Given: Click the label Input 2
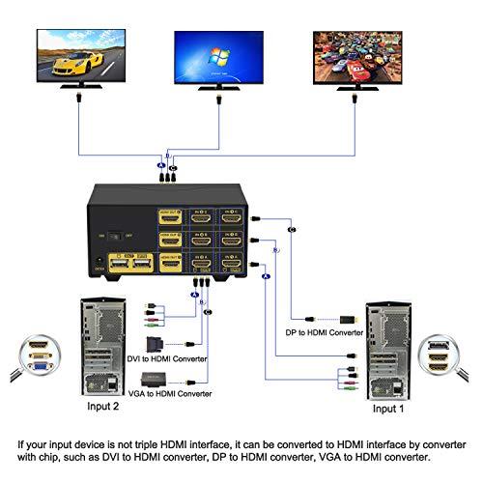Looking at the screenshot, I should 101,408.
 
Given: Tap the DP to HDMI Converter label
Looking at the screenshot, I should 326,333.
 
